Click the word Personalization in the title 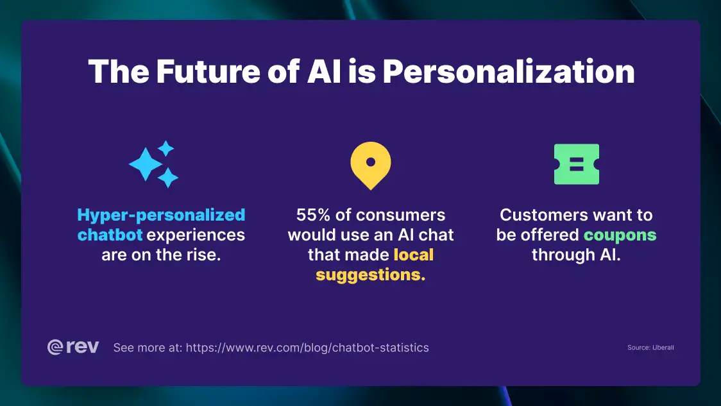coord(509,72)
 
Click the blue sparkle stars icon coord(154,164)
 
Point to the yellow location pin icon coord(370,165)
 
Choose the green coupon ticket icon coord(576,164)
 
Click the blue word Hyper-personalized coord(161,215)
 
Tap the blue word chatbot coord(110,235)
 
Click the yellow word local coord(413,255)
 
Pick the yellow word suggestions coord(370,275)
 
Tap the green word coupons coord(620,235)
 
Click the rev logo coord(73,347)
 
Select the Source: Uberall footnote coord(650,348)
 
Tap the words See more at coord(148,348)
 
